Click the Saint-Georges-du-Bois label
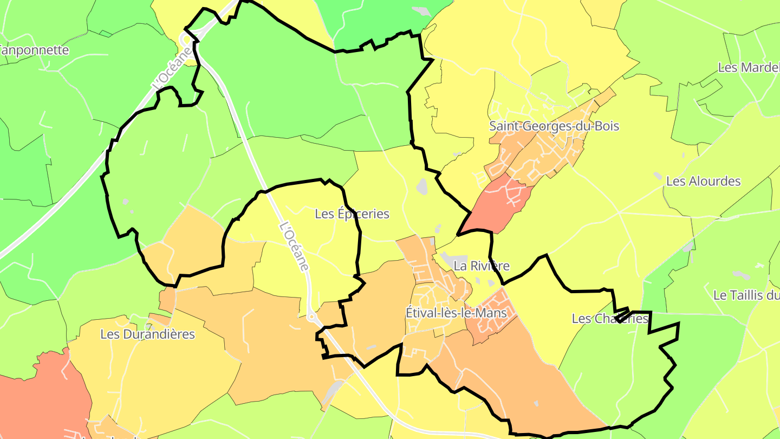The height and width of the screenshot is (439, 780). pyautogui.click(x=554, y=126)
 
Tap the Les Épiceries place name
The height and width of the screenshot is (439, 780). pyautogui.click(x=352, y=214)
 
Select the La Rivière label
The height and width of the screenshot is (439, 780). pyautogui.click(x=482, y=266)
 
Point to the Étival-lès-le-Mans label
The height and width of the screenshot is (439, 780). pyautogui.click(x=456, y=313)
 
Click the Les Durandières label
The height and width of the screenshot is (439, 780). pyautogui.click(x=147, y=334)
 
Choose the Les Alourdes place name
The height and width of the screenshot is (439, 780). pyautogui.click(x=703, y=181)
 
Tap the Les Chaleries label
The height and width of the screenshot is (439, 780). pyautogui.click(x=609, y=319)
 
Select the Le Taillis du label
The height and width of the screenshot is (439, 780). pyautogui.click(x=746, y=295)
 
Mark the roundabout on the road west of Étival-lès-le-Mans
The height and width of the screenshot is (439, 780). pyautogui.click(x=311, y=317)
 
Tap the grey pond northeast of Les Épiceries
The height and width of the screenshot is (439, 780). pyautogui.click(x=422, y=186)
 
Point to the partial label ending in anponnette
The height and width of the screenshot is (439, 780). pyautogui.click(x=35, y=50)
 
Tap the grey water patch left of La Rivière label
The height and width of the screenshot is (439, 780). pyautogui.click(x=445, y=257)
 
